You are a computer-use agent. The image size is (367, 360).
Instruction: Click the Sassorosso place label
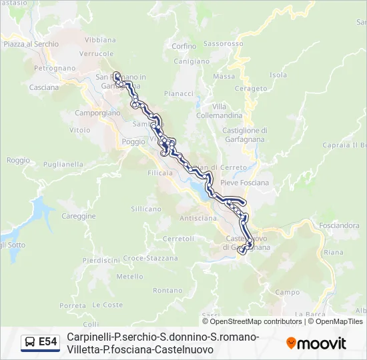[224, 44]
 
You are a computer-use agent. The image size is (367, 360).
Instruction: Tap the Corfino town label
[183, 47]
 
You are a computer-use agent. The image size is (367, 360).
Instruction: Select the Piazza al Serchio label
[31, 44]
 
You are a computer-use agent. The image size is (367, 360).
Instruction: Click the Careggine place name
[79, 216]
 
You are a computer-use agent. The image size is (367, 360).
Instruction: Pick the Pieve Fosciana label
[244, 183]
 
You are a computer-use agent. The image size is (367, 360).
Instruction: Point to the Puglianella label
[63, 164]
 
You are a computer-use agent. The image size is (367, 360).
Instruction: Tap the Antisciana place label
[198, 218]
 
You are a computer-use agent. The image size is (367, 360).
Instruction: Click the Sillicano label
[145, 209]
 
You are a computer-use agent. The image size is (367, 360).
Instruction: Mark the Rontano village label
[167, 290]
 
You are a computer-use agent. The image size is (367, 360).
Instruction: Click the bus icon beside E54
[30, 342]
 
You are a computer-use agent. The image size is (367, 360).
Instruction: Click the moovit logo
[316, 343]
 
